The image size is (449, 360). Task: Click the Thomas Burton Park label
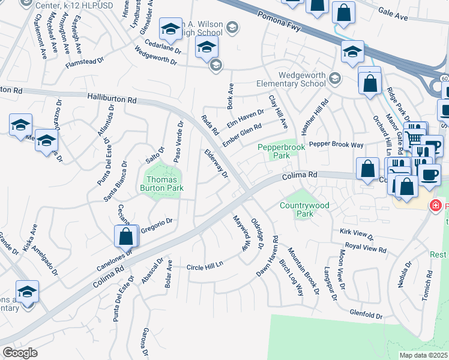pyautogui.click(x=162, y=184)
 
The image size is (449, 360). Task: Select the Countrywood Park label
pyautogui.click(x=304, y=209)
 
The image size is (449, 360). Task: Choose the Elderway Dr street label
pyautogui.click(x=217, y=164)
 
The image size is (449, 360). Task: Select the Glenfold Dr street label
pyautogui.click(x=366, y=314)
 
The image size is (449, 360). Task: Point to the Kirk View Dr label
pyautogui.click(x=357, y=234)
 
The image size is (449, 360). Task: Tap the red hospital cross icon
pyautogui.click(x=436, y=206)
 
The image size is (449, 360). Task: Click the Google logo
pyautogui.click(x=20, y=352)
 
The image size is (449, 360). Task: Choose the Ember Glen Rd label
pyautogui.click(x=242, y=135)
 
